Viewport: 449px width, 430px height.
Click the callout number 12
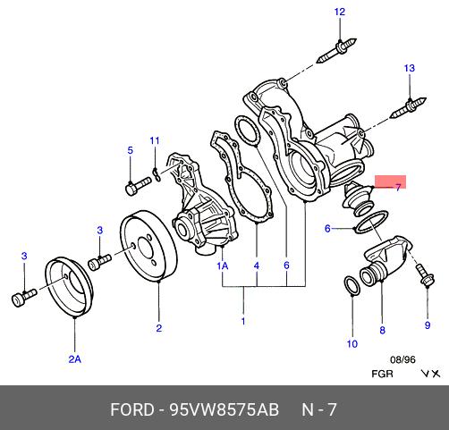[340, 12]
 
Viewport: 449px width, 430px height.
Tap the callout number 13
[410, 68]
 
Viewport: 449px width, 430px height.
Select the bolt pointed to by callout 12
[336, 50]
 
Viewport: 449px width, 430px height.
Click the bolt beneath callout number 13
[408, 108]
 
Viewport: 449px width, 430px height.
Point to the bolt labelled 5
[139, 186]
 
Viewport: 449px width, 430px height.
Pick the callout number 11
[155, 140]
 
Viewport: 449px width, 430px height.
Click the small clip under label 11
[157, 174]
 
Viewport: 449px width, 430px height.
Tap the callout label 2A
[75, 359]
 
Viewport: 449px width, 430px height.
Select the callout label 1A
[223, 266]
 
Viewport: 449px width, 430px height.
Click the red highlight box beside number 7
[390, 182]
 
